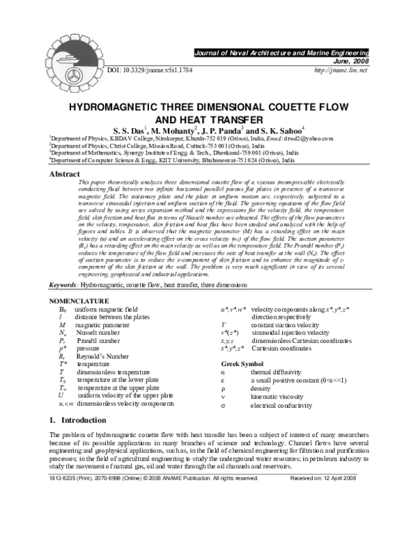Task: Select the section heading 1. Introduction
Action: pyautogui.click(x=77, y=420)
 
